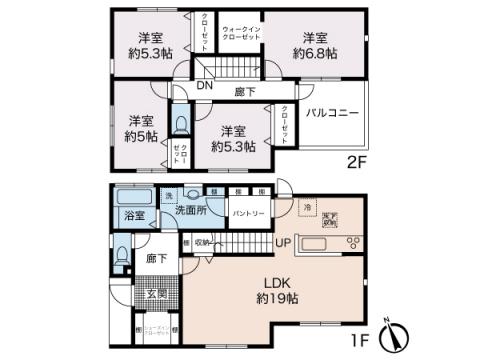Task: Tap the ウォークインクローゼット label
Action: pos(241,32)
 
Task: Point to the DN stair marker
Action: pos(204,86)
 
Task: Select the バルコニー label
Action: pos(332,113)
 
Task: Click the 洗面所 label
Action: pos(191,212)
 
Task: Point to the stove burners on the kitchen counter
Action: pos(352,243)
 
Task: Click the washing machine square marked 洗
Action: pos(169,195)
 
